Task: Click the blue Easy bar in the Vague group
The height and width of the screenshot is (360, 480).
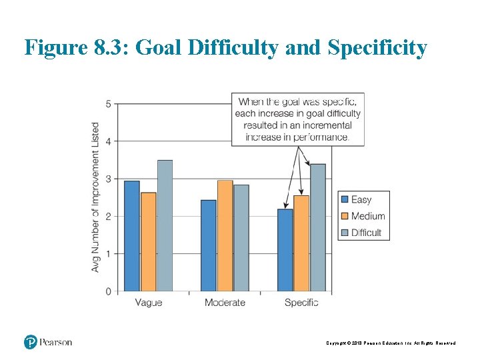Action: (x=132, y=236)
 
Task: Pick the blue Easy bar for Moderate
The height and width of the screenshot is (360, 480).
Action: (x=209, y=245)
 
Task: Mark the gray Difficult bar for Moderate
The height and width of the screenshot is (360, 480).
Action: (x=241, y=238)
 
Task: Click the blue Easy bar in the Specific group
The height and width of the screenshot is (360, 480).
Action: (x=285, y=250)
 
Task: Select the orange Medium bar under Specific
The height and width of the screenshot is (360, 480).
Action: (x=301, y=243)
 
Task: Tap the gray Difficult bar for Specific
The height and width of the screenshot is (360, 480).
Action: (x=318, y=227)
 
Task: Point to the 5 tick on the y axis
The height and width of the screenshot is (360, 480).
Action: (x=108, y=104)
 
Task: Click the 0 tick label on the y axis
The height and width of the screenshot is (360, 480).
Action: (x=108, y=291)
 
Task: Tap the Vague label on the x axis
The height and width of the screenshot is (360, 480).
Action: (x=148, y=303)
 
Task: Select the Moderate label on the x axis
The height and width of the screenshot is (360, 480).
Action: (x=225, y=303)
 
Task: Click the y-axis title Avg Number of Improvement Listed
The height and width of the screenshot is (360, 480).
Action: (x=95, y=197)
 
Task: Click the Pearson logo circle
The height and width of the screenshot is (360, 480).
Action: (x=31, y=342)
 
